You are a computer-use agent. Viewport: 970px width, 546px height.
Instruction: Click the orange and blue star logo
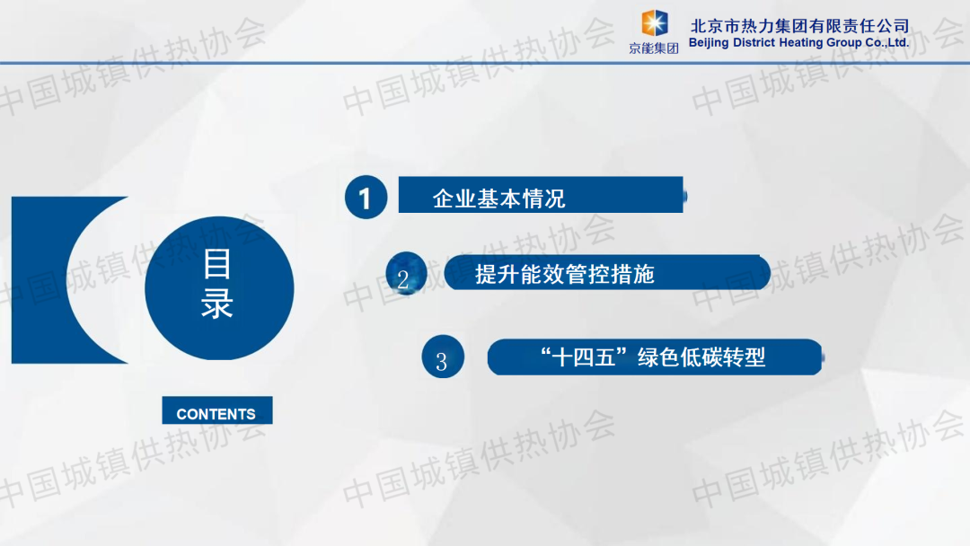point(654,23)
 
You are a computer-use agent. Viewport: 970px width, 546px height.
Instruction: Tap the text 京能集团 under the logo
point(654,48)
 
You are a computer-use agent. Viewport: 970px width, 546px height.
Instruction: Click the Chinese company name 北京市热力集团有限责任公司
point(799,26)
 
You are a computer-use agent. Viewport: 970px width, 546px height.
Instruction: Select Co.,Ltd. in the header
point(886,43)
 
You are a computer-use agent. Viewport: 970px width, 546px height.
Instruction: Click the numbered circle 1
point(366,198)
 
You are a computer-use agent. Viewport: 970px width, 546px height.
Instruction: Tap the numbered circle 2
point(406,274)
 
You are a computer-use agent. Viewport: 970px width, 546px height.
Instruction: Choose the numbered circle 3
point(443,357)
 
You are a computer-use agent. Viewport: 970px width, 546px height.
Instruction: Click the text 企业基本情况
point(498,198)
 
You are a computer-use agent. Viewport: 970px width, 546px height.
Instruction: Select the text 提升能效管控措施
point(564,274)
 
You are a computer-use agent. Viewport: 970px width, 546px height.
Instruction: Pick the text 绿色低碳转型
point(701,357)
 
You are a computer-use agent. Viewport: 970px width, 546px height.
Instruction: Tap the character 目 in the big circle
point(217,264)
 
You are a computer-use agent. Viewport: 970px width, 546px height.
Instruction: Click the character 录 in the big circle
point(217,303)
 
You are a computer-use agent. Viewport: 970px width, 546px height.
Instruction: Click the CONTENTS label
point(216,414)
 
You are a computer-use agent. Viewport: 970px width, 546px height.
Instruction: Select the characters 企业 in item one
point(454,198)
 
